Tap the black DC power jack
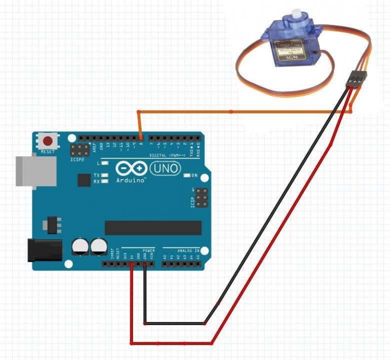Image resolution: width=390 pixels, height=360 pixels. pyautogui.click(x=44, y=250)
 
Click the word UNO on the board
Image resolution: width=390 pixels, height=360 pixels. pyautogui.click(x=165, y=168)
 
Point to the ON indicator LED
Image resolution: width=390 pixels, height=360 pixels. pyautogui.click(x=187, y=175)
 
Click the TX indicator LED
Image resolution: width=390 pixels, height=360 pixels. pyautogui.click(x=105, y=176)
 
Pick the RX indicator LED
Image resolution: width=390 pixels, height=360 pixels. pyautogui.click(x=105, y=182)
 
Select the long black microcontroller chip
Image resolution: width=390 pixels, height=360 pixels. pyautogui.click(x=153, y=228)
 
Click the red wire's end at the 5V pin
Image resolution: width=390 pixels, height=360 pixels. pyautogui.click(x=131, y=265)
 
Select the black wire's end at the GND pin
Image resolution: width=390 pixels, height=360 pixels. pyautogui.click(x=144, y=265)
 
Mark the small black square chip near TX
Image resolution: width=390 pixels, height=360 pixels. pyautogui.click(x=84, y=180)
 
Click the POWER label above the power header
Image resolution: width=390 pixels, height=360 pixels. pyautogui.click(x=149, y=251)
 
